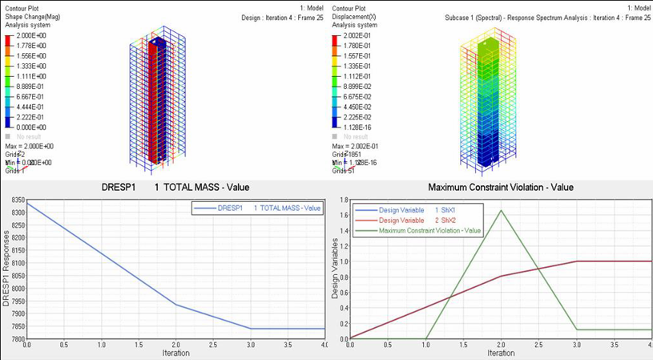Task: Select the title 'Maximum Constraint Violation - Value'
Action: (501, 188)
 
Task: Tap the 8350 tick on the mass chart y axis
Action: (15, 204)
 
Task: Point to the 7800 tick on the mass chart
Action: (15, 339)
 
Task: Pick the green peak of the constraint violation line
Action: (501, 210)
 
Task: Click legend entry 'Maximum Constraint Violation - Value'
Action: (429, 230)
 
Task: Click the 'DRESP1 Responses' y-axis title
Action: (6, 268)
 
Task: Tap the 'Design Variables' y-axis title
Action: (335, 269)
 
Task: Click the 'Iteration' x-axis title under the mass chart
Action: (175, 353)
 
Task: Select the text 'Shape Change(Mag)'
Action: (33, 17)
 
